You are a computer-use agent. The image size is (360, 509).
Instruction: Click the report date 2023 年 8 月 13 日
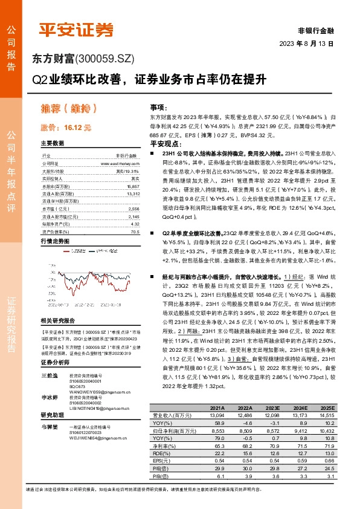point(306,44)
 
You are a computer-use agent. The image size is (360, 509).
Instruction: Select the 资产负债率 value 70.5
point(135,215)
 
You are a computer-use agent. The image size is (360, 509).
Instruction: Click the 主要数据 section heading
point(53,143)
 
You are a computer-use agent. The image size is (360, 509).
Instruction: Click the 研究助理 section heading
point(53,416)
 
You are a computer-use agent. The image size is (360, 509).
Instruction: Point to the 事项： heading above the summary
point(158,105)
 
